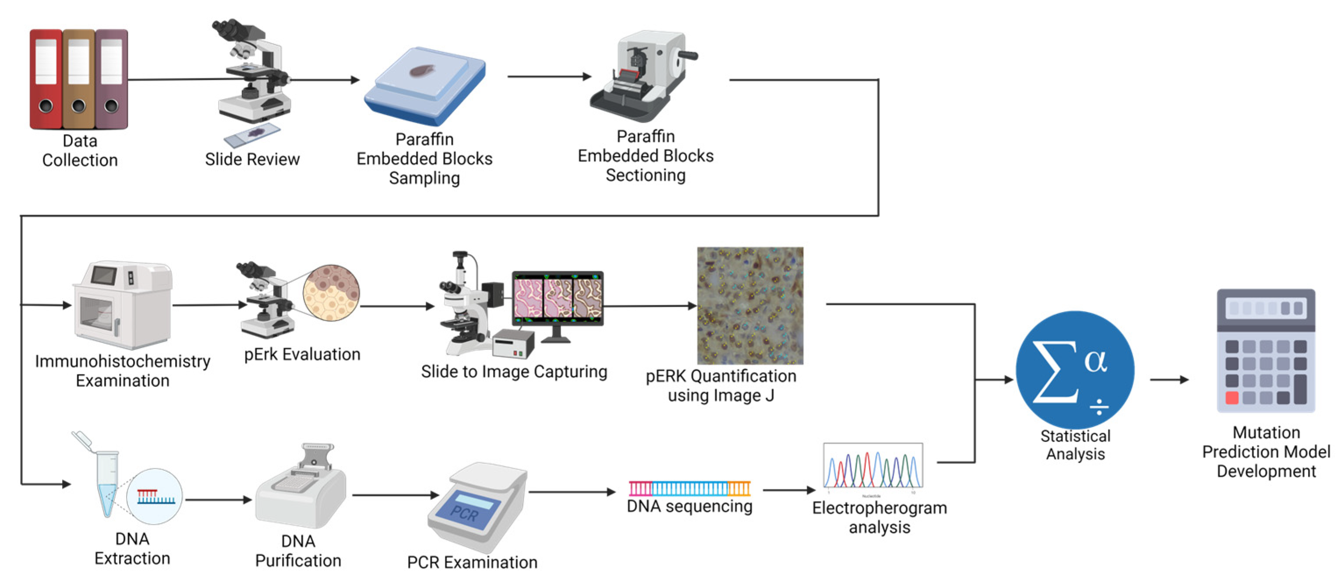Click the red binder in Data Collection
pyautogui.click(x=46, y=78)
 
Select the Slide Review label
pyautogui.click(x=252, y=159)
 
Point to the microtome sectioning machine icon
pyautogui.click(x=643, y=75)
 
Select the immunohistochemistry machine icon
pyautogui.click(x=123, y=305)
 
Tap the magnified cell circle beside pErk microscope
pyautogui.click(x=331, y=293)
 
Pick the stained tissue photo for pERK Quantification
pyautogui.click(x=750, y=306)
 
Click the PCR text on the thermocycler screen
pyautogui.click(x=464, y=514)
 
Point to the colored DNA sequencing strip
pyautogui.click(x=689, y=488)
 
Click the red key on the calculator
pyautogui.click(x=1232, y=398)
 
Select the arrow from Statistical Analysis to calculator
pyautogui.click(x=1169, y=380)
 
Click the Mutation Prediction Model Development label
pyautogui.click(x=1266, y=452)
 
